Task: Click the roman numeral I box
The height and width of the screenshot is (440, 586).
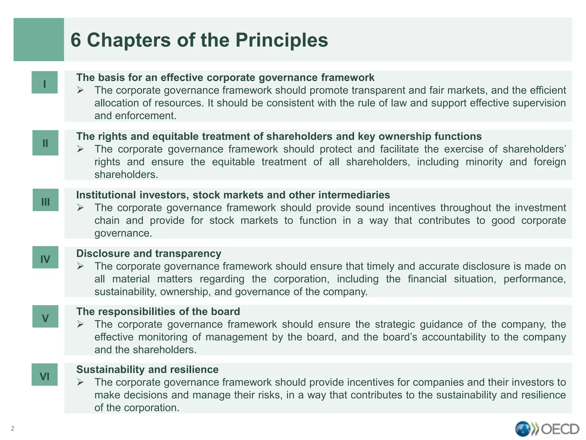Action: [x=45, y=82]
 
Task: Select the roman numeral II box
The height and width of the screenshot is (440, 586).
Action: [x=45, y=143]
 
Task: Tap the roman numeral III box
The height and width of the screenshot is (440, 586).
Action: [x=45, y=200]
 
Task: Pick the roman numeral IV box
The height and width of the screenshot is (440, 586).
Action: [x=45, y=258]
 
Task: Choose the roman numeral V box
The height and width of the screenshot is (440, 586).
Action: [x=45, y=317]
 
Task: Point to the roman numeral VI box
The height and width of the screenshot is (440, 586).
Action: [x=45, y=375]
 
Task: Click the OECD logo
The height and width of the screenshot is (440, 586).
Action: [x=547, y=429]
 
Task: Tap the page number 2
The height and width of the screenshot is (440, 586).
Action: [x=12, y=429]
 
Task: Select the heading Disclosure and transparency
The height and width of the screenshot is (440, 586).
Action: [x=149, y=254]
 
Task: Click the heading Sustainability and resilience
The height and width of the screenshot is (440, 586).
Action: [x=147, y=370]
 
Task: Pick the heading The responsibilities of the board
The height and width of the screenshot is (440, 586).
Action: [x=158, y=311]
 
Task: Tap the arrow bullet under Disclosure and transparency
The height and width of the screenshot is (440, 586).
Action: [x=80, y=266]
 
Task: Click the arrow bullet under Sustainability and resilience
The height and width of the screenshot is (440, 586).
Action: [x=80, y=382]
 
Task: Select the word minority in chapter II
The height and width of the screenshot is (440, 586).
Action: [x=484, y=162]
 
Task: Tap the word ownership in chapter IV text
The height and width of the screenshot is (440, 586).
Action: [x=186, y=292]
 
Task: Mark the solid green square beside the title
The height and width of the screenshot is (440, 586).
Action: [x=39, y=40]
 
